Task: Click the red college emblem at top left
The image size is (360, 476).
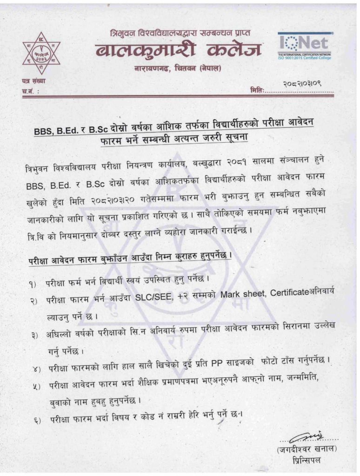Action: (x=42, y=52)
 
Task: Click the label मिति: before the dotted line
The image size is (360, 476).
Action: (x=257, y=90)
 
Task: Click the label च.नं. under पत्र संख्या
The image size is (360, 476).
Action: (x=29, y=92)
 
